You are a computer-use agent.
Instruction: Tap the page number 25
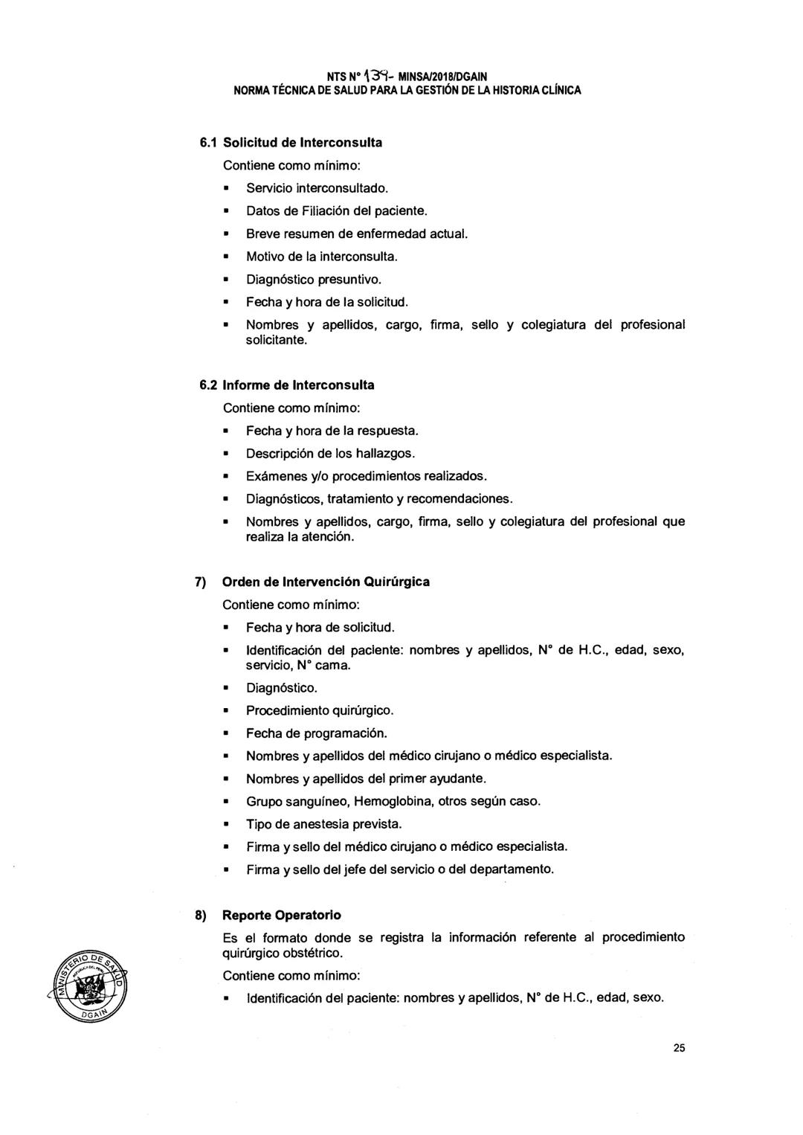point(679,1048)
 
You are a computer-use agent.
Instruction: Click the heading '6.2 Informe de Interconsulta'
point(287,385)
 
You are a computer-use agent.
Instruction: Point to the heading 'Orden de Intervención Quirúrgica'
point(326,581)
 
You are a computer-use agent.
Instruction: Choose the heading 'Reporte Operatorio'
point(282,915)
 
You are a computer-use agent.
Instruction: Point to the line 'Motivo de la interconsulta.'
point(323,257)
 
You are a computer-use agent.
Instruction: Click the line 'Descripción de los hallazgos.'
point(331,453)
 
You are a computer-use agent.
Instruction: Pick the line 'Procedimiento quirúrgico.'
point(320,710)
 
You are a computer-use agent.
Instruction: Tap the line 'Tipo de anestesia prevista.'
point(324,824)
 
